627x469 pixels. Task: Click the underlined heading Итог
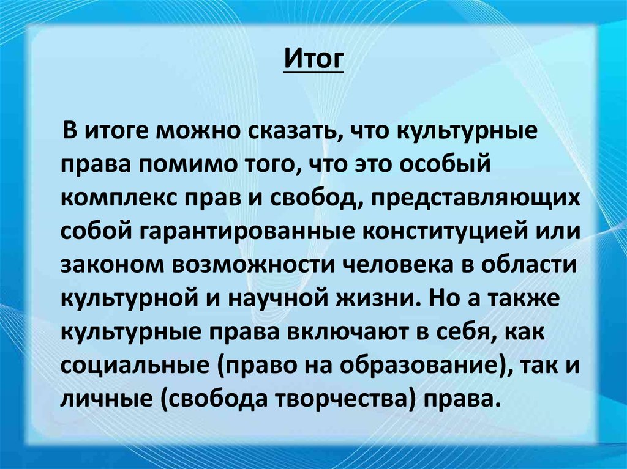pos(314,61)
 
